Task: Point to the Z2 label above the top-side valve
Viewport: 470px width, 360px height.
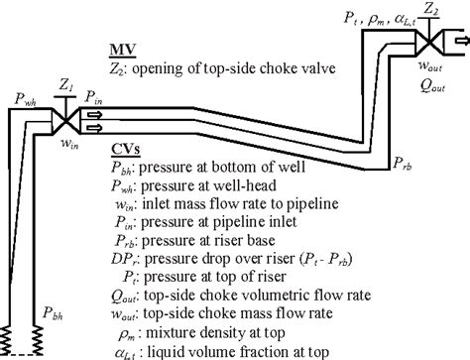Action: tap(430, 12)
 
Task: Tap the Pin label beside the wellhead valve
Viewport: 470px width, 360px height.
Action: tap(92, 96)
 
